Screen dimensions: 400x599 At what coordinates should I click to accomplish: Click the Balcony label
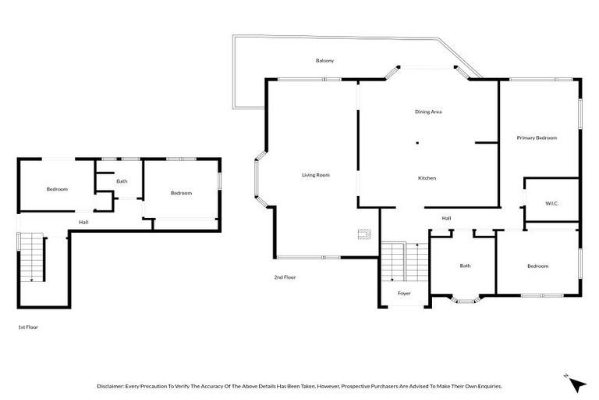325,60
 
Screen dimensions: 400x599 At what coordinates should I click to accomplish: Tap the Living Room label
316,175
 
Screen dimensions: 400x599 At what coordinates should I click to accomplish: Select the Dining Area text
428,112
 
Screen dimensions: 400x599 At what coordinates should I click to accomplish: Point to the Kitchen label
427,178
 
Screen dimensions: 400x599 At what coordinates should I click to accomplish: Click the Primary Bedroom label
537,137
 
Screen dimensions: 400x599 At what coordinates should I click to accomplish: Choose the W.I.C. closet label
551,204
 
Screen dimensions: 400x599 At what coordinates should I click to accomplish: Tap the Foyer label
404,293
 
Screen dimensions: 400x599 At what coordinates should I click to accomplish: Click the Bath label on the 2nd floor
465,266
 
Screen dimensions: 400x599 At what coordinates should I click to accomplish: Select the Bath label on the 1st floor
122,181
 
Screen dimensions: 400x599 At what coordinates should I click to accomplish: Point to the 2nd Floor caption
285,277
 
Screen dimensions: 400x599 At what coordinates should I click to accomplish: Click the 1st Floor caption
28,327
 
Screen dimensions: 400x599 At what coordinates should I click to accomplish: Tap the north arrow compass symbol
576,384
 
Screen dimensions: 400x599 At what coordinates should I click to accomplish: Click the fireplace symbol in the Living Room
363,233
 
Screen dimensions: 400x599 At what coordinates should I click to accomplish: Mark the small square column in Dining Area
417,143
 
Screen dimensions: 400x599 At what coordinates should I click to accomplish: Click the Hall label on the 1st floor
83,222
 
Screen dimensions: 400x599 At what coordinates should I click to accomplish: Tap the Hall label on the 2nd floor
446,218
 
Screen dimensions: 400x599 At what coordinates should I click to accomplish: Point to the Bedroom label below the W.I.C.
537,266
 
